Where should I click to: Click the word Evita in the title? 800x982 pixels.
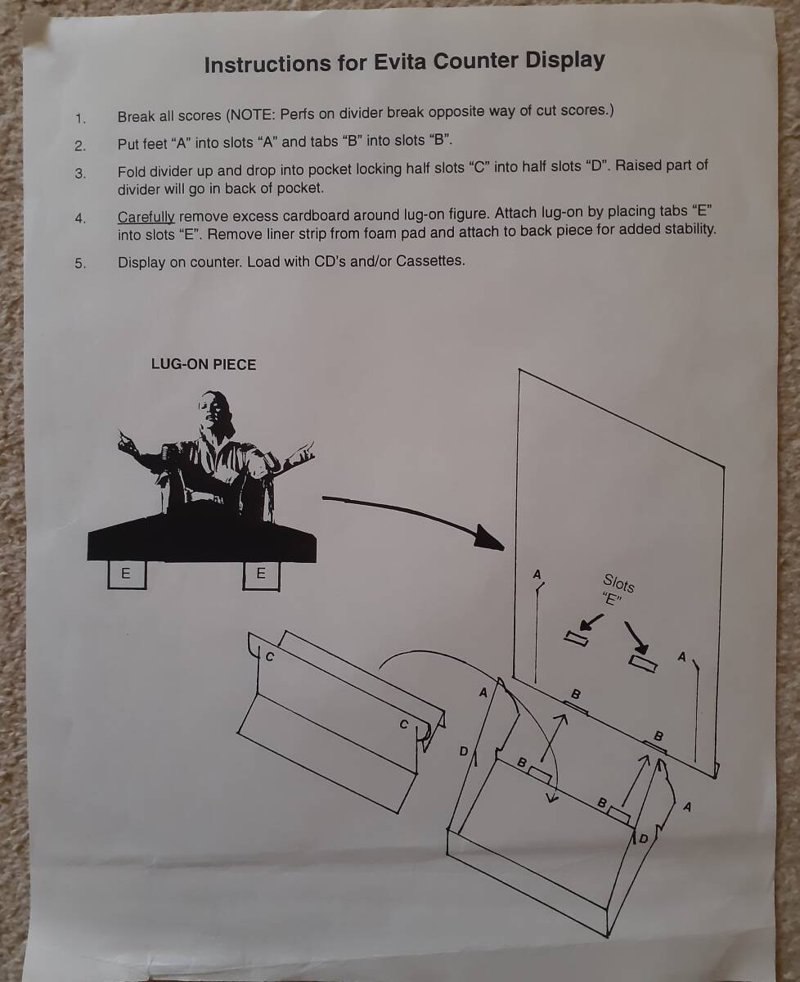[x=399, y=62]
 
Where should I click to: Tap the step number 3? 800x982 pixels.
[x=79, y=173]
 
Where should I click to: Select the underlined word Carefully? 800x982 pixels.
[x=146, y=217]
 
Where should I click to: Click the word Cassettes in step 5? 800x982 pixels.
[x=430, y=261]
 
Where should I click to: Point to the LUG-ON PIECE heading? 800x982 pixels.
[x=204, y=365]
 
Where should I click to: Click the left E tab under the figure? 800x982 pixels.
[x=127, y=574]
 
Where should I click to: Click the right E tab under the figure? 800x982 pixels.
[x=261, y=574]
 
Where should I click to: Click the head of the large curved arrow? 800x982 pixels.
[x=489, y=538]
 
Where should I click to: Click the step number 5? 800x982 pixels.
[x=79, y=264]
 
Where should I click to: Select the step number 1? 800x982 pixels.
[x=80, y=119]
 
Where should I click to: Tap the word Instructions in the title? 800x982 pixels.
[x=267, y=64]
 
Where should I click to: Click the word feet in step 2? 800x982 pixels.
[x=155, y=144]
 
